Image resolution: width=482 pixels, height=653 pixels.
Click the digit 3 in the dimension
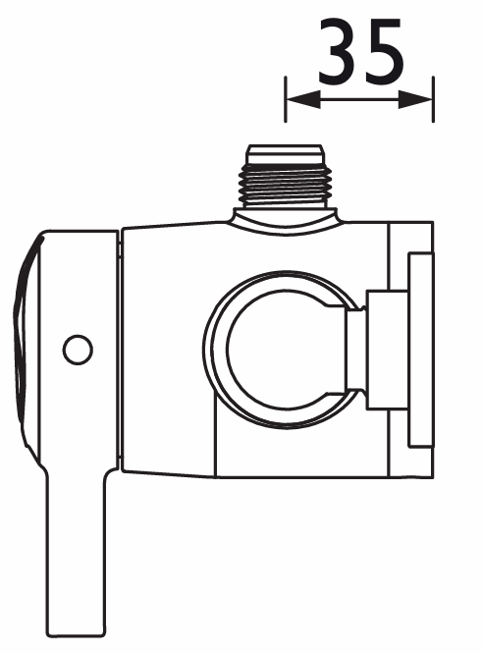coord(339,51)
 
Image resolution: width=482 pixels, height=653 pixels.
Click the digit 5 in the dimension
coord(383,51)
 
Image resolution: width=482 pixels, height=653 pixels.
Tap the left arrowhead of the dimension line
coord(303,99)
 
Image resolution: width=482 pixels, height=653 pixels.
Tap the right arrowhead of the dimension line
coord(415,99)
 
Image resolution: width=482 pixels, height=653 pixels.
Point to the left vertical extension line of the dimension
coord(285,99)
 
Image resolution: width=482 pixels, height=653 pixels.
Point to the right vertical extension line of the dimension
coord(433,99)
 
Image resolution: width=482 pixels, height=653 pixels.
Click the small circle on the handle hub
coord(78,350)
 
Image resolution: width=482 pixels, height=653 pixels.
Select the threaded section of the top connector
coord(286,187)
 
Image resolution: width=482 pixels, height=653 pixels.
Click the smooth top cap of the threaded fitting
coord(285,154)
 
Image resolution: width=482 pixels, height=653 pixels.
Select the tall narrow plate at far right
coord(421,350)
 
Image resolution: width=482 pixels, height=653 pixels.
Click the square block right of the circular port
coord(387,350)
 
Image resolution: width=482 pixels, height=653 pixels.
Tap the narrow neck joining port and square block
coord(356,349)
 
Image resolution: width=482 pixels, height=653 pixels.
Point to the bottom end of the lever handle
coord(76,636)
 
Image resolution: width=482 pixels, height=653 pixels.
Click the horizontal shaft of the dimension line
coord(359,99)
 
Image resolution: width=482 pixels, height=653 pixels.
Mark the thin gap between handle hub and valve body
coord(121,350)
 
